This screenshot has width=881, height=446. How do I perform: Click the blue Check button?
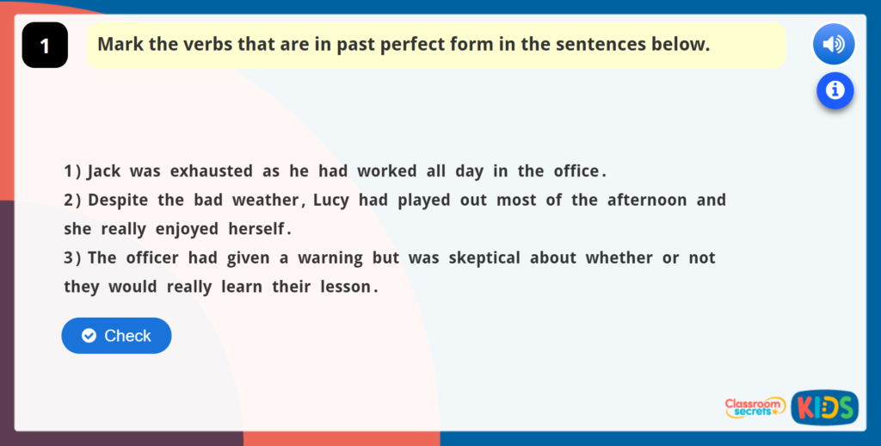[x=116, y=336]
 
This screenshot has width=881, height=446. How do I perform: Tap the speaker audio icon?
[x=833, y=45]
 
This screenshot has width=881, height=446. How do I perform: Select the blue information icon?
[x=835, y=90]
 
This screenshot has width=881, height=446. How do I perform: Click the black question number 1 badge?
[x=45, y=46]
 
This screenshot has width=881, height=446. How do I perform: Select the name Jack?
[x=104, y=171]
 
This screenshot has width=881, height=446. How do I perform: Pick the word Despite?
[x=118, y=200]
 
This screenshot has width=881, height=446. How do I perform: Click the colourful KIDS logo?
[x=824, y=408]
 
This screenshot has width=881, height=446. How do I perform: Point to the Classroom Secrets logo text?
[x=754, y=407]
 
